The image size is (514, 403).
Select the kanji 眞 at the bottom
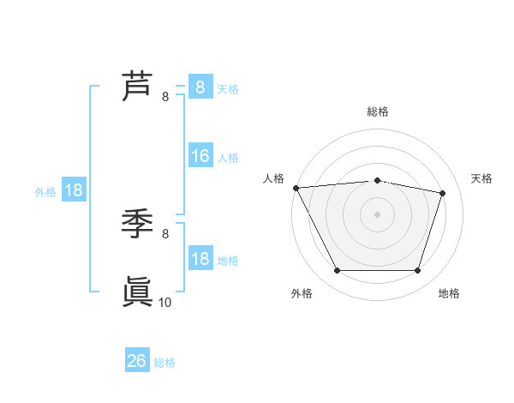click(138, 292)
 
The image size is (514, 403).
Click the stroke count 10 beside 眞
click(165, 302)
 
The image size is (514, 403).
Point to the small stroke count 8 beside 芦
click(165, 97)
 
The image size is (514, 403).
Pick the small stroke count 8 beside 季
click(165, 233)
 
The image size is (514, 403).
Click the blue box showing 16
click(200, 156)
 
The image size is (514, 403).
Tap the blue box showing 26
click(137, 361)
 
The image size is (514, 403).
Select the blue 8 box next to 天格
click(200, 87)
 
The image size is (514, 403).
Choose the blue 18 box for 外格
click(74, 190)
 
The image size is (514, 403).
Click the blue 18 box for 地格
click(200, 259)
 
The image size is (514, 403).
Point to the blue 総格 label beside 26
click(164, 363)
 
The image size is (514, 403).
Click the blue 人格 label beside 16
click(228, 158)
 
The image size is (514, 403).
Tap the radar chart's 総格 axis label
click(377, 111)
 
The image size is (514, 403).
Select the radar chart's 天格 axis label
click(482, 178)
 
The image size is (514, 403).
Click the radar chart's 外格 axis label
click(302, 293)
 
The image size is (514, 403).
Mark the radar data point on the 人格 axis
click(296, 188)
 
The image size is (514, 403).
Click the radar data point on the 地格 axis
click(417, 271)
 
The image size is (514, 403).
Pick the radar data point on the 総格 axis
click(377, 180)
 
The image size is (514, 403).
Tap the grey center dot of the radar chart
click(377, 214)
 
